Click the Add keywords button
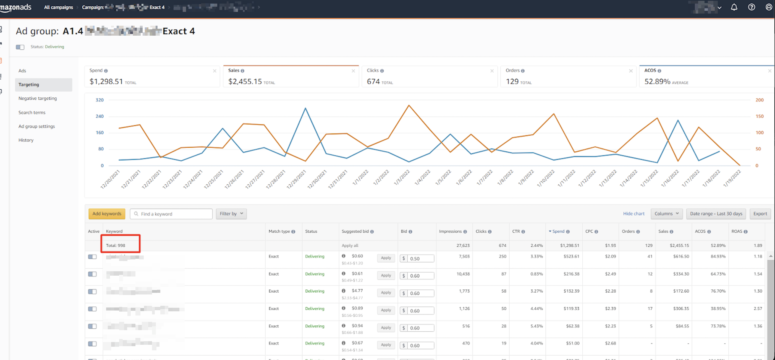point(106,213)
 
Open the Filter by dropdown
point(231,213)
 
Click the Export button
point(760,213)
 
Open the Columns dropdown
point(666,213)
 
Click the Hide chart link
point(633,213)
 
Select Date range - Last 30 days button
point(716,213)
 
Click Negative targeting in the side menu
point(38,98)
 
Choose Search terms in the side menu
point(32,112)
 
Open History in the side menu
point(26,140)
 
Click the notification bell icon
point(734,7)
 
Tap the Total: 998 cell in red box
point(120,245)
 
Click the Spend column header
point(558,231)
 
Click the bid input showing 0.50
point(420,258)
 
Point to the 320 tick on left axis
point(100,100)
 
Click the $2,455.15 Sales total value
point(245,81)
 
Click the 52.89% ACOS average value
point(657,81)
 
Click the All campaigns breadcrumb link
point(58,7)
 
